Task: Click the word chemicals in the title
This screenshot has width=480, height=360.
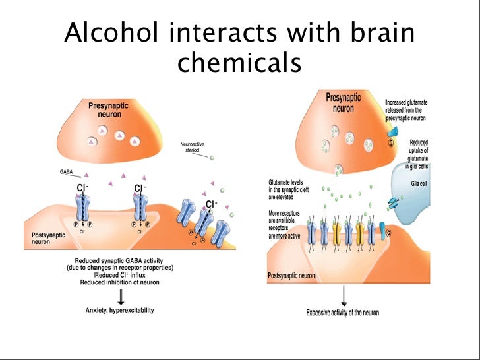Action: pyautogui.click(x=239, y=63)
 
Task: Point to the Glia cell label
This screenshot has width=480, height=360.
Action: pyautogui.click(x=419, y=184)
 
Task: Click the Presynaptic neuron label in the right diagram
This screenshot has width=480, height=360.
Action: pyautogui.click(x=344, y=102)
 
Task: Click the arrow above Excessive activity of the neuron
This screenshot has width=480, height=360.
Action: pyautogui.click(x=340, y=295)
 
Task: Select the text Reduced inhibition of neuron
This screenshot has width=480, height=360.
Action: pyautogui.click(x=119, y=282)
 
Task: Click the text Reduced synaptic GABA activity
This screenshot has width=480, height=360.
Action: pyautogui.click(x=119, y=261)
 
